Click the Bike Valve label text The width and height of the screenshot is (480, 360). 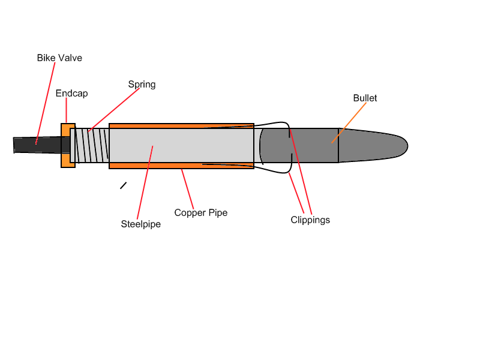(59, 58)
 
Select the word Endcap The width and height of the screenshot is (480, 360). (71, 94)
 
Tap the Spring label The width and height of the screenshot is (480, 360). (142, 85)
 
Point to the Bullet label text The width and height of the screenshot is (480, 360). (365, 98)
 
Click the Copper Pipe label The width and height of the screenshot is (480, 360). (201, 213)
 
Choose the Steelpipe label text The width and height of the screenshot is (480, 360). (141, 224)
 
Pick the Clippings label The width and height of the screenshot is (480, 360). (310, 220)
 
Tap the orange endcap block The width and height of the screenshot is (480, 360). (68, 145)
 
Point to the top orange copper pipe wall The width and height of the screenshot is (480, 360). (182, 126)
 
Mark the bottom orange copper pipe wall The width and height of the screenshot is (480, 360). (182, 166)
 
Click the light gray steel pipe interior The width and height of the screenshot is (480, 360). (182, 145)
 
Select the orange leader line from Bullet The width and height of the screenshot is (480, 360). (349, 123)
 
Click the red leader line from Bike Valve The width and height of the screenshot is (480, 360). (46, 103)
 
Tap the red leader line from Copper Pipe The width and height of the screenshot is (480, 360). (187, 189)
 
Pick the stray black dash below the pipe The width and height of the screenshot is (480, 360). (124, 185)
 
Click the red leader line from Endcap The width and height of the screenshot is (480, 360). (67, 110)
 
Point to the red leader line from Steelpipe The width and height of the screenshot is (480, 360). (145, 183)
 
